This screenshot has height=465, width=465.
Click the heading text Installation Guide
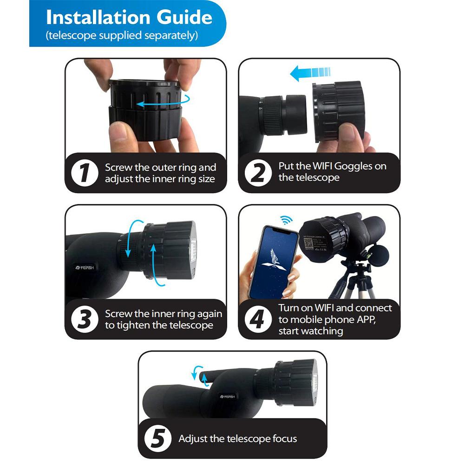[129, 18]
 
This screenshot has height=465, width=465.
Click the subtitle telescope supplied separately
[122, 36]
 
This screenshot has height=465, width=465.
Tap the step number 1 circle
[84, 173]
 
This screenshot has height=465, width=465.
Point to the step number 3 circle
[84, 320]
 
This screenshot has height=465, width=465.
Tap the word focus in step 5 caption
[281, 439]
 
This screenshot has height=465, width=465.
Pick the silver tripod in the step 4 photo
[353, 283]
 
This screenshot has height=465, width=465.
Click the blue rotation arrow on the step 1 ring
[160, 103]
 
